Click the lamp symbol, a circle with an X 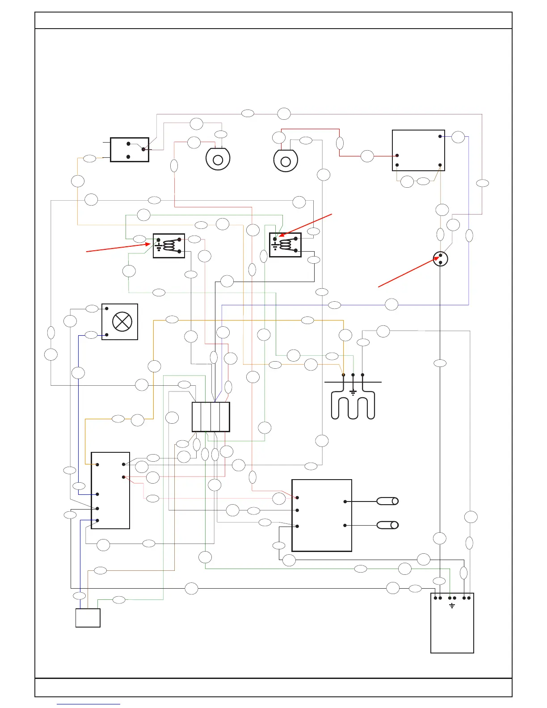tap(122, 322)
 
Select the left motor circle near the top tap(218, 160)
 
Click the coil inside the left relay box tap(170, 245)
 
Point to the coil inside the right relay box tap(286, 245)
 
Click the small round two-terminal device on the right tap(440, 259)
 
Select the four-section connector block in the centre tap(211, 417)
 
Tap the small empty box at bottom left tap(88, 618)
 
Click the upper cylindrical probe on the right tap(387, 501)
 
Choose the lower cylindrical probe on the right tap(387, 525)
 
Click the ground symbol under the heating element tap(353, 393)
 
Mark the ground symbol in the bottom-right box tap(452, 606)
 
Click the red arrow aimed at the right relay tap(306, 225)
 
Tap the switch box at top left tap(130, 150)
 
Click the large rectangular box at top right tap(418, 150)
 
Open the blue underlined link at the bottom tap(88, 704)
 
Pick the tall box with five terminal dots tap(110, 490)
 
